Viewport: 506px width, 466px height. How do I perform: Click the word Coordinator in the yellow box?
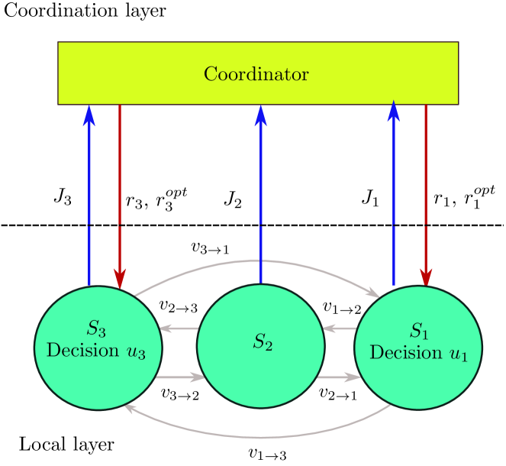[256, 74]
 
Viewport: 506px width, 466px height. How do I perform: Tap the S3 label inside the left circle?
[96, 328]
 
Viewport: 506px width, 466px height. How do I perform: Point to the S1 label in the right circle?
[419, 330]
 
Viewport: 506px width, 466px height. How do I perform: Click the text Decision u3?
[95, 351]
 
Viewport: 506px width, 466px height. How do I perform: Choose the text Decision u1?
[418, 353]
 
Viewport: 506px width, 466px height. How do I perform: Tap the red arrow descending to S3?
[120, 191]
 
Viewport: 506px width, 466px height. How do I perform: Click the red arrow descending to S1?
[425, 191]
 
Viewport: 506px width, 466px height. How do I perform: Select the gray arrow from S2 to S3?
[179, 328]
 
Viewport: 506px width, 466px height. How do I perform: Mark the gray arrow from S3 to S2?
[180, 377]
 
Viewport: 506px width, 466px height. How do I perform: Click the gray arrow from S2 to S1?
[338, 377]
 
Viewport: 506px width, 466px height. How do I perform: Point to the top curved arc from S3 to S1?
[259, 261]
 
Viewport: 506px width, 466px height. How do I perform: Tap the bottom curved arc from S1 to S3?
[259, 437]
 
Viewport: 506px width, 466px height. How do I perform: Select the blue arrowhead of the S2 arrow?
[260, 115]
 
